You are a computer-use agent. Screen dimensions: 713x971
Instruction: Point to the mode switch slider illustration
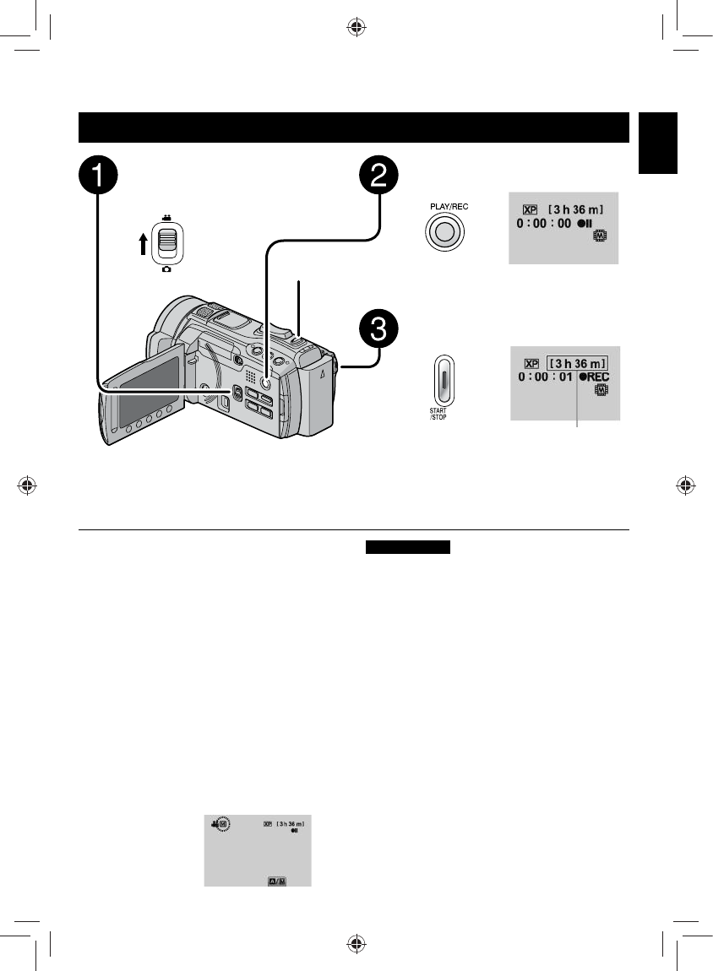tap(169, 243)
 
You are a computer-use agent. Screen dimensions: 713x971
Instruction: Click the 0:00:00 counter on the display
tap(544, 224)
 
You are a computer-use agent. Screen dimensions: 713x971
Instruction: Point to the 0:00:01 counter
tap(544, 377)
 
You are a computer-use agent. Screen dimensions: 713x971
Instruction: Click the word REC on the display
tap(595, 377)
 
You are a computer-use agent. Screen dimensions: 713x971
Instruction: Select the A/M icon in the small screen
tap(277, 880)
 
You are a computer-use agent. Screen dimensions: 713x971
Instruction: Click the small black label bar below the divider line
tap(409, 547)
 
